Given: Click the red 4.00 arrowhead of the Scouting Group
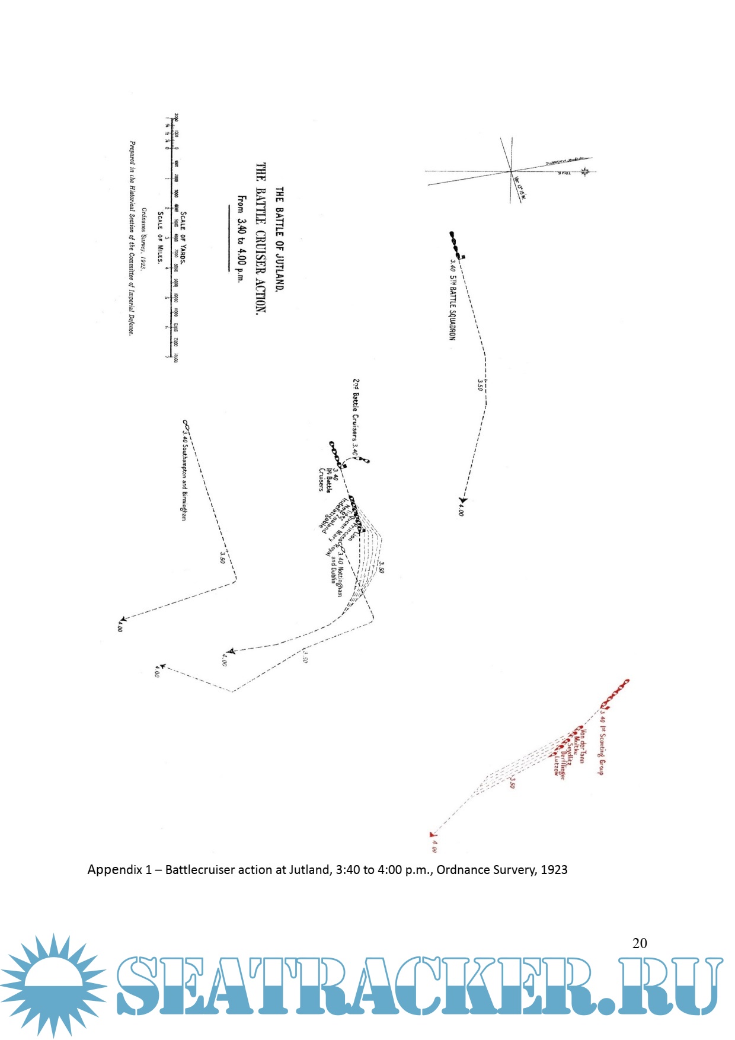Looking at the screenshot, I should tap(432, 834).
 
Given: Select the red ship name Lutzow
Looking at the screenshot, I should tap(556, 764).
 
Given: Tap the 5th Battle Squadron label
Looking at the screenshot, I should tap(452, 299).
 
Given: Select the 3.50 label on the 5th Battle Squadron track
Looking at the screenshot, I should tap(480, 384).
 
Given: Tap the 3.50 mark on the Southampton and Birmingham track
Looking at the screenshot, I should tap(223, 557).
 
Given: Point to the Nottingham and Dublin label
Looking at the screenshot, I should tap(337, 573).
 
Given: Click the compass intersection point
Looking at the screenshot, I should tap(510, 171).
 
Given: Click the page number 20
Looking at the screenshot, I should tap(640, 943).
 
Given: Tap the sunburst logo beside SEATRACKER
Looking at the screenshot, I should tap(53, 985).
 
